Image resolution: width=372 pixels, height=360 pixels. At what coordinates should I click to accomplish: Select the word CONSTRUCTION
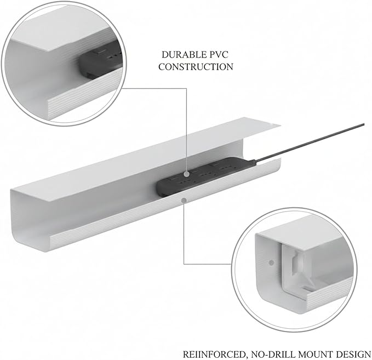point(196,67)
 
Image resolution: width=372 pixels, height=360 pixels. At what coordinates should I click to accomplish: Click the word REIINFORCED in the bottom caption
point(214,355)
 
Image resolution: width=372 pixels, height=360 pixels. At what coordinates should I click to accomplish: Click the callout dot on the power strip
point(187,174)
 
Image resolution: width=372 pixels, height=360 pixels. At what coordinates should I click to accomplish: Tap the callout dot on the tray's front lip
point(184,201)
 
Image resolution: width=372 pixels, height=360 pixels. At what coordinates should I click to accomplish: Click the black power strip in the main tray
point(205,176)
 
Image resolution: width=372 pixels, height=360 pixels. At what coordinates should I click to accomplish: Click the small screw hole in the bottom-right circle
point(271,262)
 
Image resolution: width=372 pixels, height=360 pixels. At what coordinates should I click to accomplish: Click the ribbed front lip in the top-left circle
point(85,94)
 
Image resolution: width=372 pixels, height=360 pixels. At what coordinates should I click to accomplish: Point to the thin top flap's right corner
point(281,125)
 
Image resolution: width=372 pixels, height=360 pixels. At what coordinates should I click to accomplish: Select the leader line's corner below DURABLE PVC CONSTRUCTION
point(186,89)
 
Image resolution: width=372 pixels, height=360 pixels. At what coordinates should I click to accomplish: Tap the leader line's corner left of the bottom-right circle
point(184,264)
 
